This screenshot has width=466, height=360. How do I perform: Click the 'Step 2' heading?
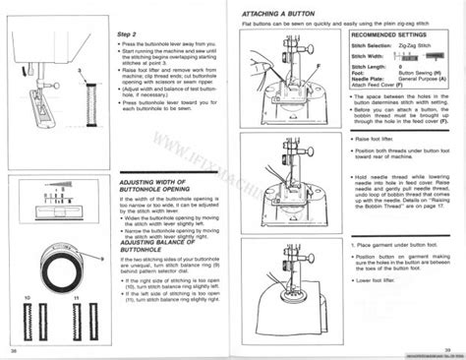click(x=125, y=33)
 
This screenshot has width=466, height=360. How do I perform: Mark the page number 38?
click(x=14, y=348)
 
